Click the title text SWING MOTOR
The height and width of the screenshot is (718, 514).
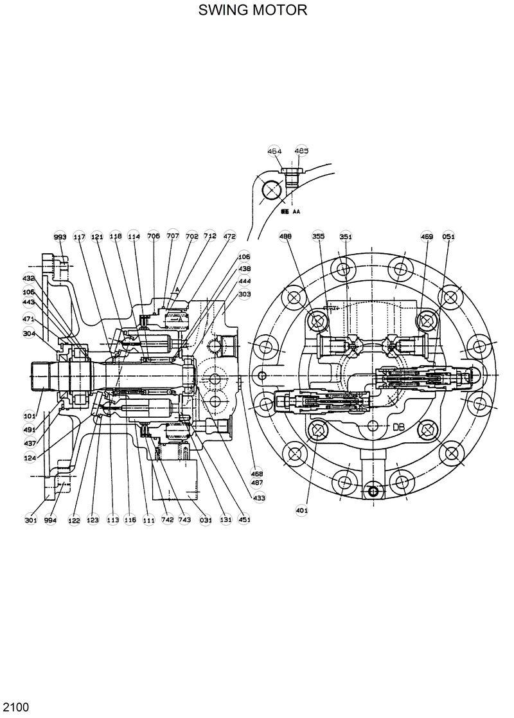(x=253, y=10)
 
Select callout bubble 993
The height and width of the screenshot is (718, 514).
(x=60, y=237)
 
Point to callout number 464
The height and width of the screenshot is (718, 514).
(x=275, y=151)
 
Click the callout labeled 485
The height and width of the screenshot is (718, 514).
(x=301, y=151)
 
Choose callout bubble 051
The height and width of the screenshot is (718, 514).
(x=448, y=236)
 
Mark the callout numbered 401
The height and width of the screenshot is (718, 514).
(x=302, y=510)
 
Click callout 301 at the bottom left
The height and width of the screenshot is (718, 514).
(x=31, y=520)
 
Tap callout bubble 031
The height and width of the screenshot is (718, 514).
(x=206, y=520)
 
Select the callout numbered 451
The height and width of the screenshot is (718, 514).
(x=245, y=520)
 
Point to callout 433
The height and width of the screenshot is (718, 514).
(x=259, y=498)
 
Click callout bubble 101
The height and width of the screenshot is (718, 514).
(x=30, y=416)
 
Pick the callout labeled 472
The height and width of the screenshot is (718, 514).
(x=229, y=237)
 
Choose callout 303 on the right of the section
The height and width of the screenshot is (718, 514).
(x=245, y=294)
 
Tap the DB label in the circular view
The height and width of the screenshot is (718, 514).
(x=398, y=426)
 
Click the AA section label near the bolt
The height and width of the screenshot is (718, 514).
(x=297, y=210)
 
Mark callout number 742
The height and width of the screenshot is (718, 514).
(x=168, y=520)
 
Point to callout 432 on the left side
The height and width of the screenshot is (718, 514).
(x=29, y=278)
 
